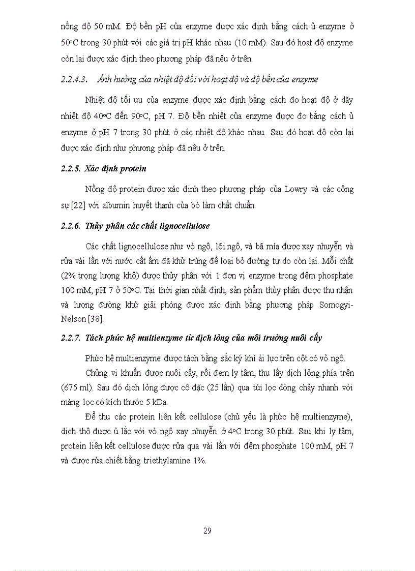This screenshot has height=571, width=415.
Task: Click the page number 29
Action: tap(207, 531)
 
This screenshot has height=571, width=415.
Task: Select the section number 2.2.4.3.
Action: tap(75, 79)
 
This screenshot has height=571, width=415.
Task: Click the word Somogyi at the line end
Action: tap(336, 305)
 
